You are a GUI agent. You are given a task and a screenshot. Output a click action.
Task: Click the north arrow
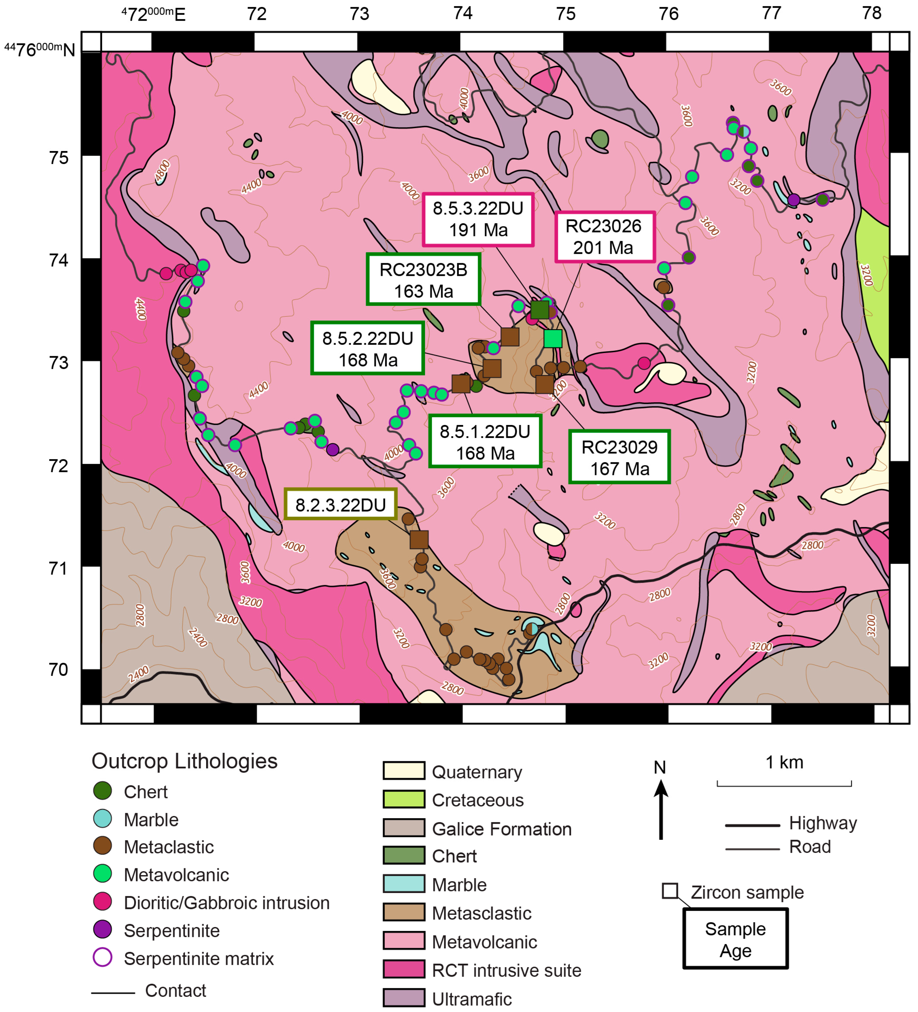click(x=660, y=808)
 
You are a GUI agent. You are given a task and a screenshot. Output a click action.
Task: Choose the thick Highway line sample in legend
click(x=752, y=825)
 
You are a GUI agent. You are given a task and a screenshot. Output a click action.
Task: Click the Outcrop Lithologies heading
click(x=184, y=761)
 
